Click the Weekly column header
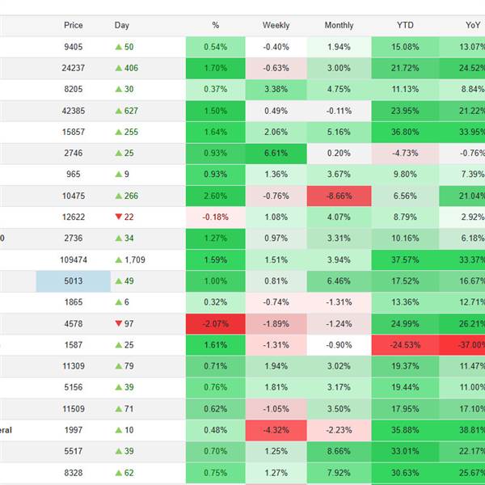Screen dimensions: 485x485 (276, 25)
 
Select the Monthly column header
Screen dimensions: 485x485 (339, 25)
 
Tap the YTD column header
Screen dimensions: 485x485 (405, 25)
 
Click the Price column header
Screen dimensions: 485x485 (74, 25)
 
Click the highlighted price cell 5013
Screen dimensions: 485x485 (74, 280)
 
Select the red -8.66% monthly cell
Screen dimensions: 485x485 (339, 196)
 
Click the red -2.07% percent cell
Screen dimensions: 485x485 (216, 323)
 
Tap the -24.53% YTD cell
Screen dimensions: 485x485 (405, 344)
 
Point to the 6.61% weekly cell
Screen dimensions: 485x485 (276, 153)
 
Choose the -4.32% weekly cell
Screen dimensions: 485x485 (276, 429)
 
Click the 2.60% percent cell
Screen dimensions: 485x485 (216, 196)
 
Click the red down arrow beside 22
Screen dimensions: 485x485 (119, 217)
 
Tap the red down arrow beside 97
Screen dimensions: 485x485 (119, 323)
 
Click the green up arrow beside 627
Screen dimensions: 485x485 (119, 111)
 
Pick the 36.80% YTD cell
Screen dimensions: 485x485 (405, 132)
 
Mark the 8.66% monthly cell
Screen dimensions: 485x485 (339, 450)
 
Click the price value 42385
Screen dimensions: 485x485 (74, 111)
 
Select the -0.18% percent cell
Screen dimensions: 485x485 (216, 217)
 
